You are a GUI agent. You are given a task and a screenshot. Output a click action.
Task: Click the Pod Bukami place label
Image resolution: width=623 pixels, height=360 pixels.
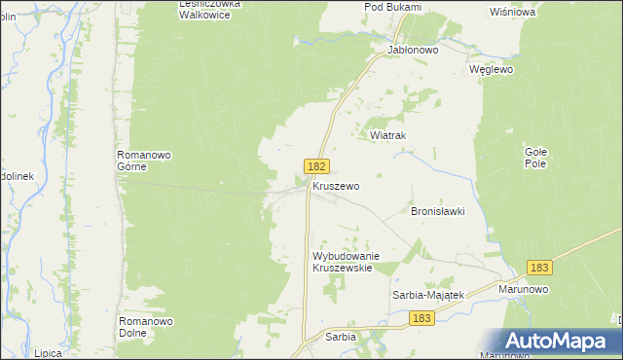[392, 7]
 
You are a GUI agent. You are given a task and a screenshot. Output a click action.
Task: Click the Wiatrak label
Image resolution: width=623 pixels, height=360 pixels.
[386, 136]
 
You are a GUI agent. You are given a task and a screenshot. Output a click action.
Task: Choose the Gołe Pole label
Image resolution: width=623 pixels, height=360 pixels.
[535, 159]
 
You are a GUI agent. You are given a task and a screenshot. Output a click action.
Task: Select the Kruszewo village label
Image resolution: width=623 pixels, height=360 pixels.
[336, 185]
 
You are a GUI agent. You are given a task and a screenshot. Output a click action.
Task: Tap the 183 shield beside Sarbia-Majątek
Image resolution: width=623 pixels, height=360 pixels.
[421, 318]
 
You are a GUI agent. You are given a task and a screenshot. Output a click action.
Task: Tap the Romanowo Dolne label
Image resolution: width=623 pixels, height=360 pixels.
[145, 326]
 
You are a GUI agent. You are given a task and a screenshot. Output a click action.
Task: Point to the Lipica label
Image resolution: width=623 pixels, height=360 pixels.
[47, 353]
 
